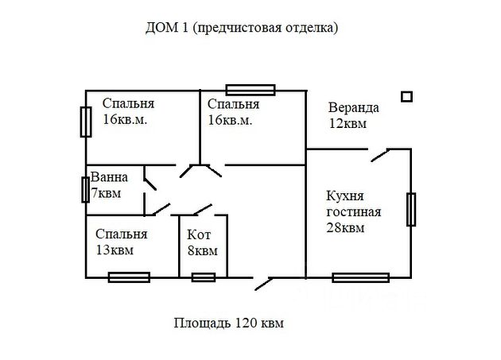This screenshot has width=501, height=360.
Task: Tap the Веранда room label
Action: point(354,107)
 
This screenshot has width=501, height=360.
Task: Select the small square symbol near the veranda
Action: point(406,96)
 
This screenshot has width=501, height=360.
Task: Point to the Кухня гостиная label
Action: point(354,203)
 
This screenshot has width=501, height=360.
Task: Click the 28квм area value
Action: point(345,228)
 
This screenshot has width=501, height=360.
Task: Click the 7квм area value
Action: point(106,193)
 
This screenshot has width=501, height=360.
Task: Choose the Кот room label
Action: point(198,234)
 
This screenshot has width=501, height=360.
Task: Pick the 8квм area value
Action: point(202,251)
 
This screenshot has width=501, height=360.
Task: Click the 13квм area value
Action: point(114,250)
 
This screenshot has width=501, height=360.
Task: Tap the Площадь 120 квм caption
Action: point(228,323)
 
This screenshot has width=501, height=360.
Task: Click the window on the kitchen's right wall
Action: point(411,210)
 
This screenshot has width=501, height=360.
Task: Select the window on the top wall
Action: point(250,89)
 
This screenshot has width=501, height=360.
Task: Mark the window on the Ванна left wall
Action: point(85,190)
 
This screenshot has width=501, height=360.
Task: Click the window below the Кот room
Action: point(204,277)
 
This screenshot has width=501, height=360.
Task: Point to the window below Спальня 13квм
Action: point(129,277)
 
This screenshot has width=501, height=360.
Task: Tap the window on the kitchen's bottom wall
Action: point(360,277)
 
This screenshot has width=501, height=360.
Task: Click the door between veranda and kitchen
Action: point(379,154)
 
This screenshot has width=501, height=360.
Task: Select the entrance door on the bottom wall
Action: point(263,281)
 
